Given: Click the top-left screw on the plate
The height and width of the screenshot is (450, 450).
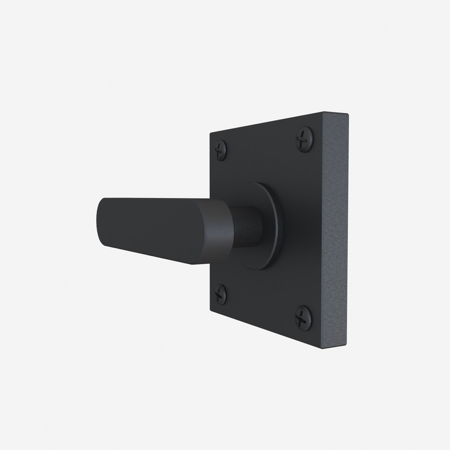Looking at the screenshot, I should click(221, 150).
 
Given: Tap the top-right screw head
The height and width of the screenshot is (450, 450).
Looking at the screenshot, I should click(304, 139).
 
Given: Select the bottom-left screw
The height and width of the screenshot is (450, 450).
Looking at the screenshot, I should click(220, 295).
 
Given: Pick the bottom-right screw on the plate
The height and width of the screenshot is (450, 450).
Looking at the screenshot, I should click(303, 317).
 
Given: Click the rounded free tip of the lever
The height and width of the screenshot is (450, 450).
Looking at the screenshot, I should click(100, 221).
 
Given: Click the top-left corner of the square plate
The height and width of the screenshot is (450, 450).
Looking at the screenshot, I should click(211, 134).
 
